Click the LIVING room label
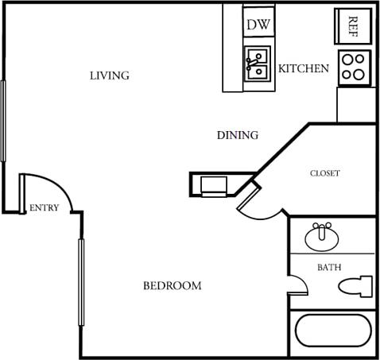(x=109, y=75)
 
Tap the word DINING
(x=237, y=135)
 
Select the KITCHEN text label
(x=303, y=68)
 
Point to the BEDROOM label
(x=172, y=285)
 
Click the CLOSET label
(x=324, y=173)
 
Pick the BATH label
(x=329, y=268)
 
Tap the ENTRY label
(x=44, y=208)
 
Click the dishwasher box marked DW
(x=258, y=25)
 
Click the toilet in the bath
(x=355, y=287)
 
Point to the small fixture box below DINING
(x=213, y=186)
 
